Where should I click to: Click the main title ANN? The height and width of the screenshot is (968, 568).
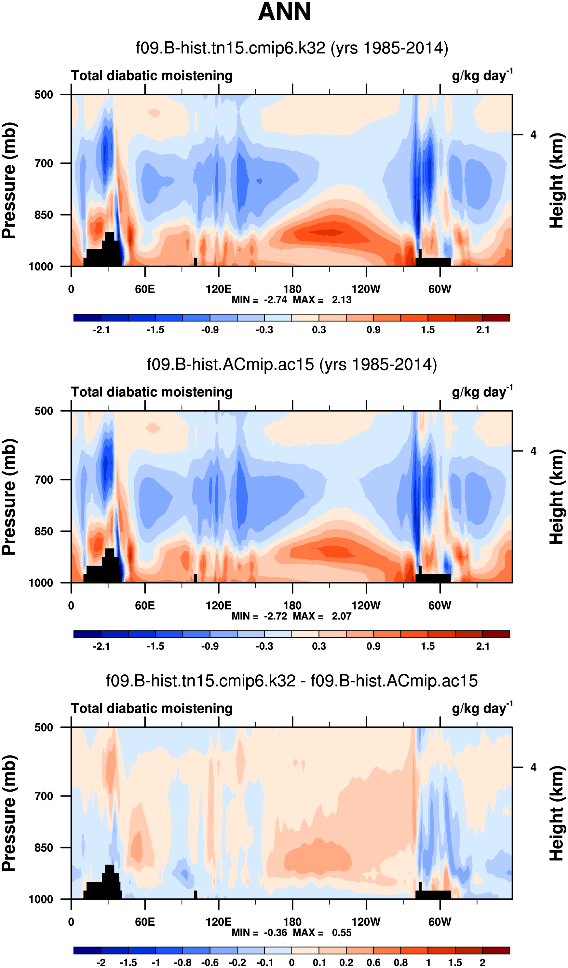tap(284, 11)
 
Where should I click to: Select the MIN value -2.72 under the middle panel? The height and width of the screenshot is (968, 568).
tap(275, 616)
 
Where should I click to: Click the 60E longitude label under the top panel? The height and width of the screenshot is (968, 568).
tap(145, 289)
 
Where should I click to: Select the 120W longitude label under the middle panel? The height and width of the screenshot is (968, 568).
tap(366, 605)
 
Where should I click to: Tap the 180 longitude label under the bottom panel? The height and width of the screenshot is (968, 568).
tap(292, 922)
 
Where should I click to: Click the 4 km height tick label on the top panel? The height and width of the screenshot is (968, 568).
tap(533, 135)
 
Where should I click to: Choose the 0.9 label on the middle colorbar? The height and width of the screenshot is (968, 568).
tap(373, 646)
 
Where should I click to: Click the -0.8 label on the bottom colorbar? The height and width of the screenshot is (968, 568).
tap(183, 962)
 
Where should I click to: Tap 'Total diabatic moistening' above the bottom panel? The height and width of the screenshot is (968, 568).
tap(152, 708)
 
